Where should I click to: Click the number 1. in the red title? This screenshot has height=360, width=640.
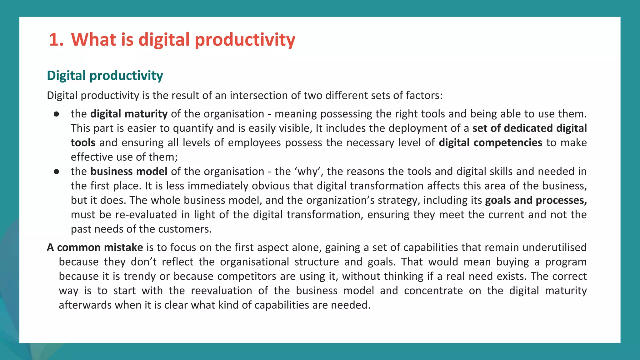coord(56,40)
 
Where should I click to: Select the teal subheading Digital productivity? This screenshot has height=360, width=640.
coord(105,76)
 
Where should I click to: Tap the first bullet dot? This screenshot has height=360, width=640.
coord(56,114)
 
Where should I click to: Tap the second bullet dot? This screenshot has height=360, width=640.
coord(56,172)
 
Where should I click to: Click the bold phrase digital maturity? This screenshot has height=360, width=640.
coord(129,114)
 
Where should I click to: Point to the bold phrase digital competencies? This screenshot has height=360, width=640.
coord(490,142)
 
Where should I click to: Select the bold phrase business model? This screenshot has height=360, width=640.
coord(129,171)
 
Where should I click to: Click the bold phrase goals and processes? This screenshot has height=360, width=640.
coord(536,200)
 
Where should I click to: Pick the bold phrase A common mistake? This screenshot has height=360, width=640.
coord(95,247)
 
